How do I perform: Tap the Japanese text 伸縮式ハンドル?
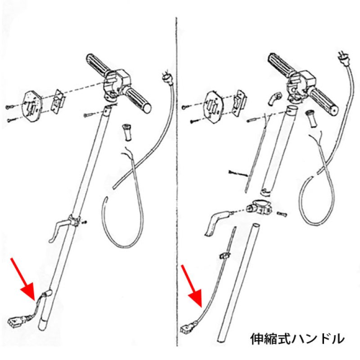point(297,337)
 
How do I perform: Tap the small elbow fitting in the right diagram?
point(274,97)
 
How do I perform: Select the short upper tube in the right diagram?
point(279,148)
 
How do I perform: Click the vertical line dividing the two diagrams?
point(175,180)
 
